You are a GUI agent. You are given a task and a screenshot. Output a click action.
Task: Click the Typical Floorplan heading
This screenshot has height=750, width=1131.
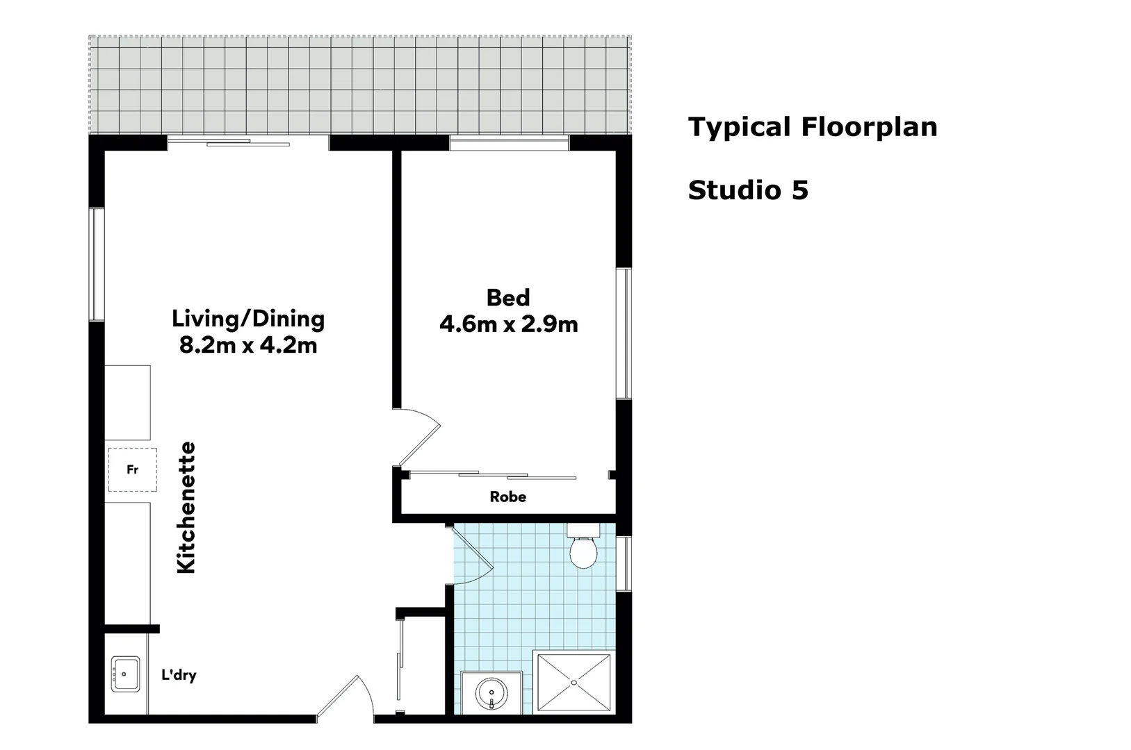812,128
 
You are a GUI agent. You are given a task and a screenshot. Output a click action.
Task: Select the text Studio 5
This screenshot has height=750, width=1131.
748,190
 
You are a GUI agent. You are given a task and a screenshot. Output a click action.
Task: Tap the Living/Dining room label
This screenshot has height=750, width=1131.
248,319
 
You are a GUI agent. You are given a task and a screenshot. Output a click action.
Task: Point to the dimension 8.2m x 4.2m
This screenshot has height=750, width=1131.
248,345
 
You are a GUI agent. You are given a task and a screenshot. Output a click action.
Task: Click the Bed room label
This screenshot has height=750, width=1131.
507,298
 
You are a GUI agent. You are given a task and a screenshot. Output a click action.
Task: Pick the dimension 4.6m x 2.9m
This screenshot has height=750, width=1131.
508,324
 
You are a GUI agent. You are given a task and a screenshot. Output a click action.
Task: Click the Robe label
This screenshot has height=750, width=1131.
507,497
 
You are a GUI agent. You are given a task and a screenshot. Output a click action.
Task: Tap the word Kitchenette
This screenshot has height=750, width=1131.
186,508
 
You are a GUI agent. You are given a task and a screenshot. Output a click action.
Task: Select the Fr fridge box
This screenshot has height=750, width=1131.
132,470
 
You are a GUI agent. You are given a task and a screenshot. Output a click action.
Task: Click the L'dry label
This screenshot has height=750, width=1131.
179,674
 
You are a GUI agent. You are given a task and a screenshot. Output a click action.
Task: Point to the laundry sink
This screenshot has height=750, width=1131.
125,674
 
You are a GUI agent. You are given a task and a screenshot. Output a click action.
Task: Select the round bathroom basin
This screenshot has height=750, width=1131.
491,694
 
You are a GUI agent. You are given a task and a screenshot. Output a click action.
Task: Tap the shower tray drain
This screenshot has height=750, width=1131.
574,683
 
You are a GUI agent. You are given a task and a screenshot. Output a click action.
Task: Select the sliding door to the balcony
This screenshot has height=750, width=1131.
247,142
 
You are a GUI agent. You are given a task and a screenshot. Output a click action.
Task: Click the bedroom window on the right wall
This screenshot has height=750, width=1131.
624,333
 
